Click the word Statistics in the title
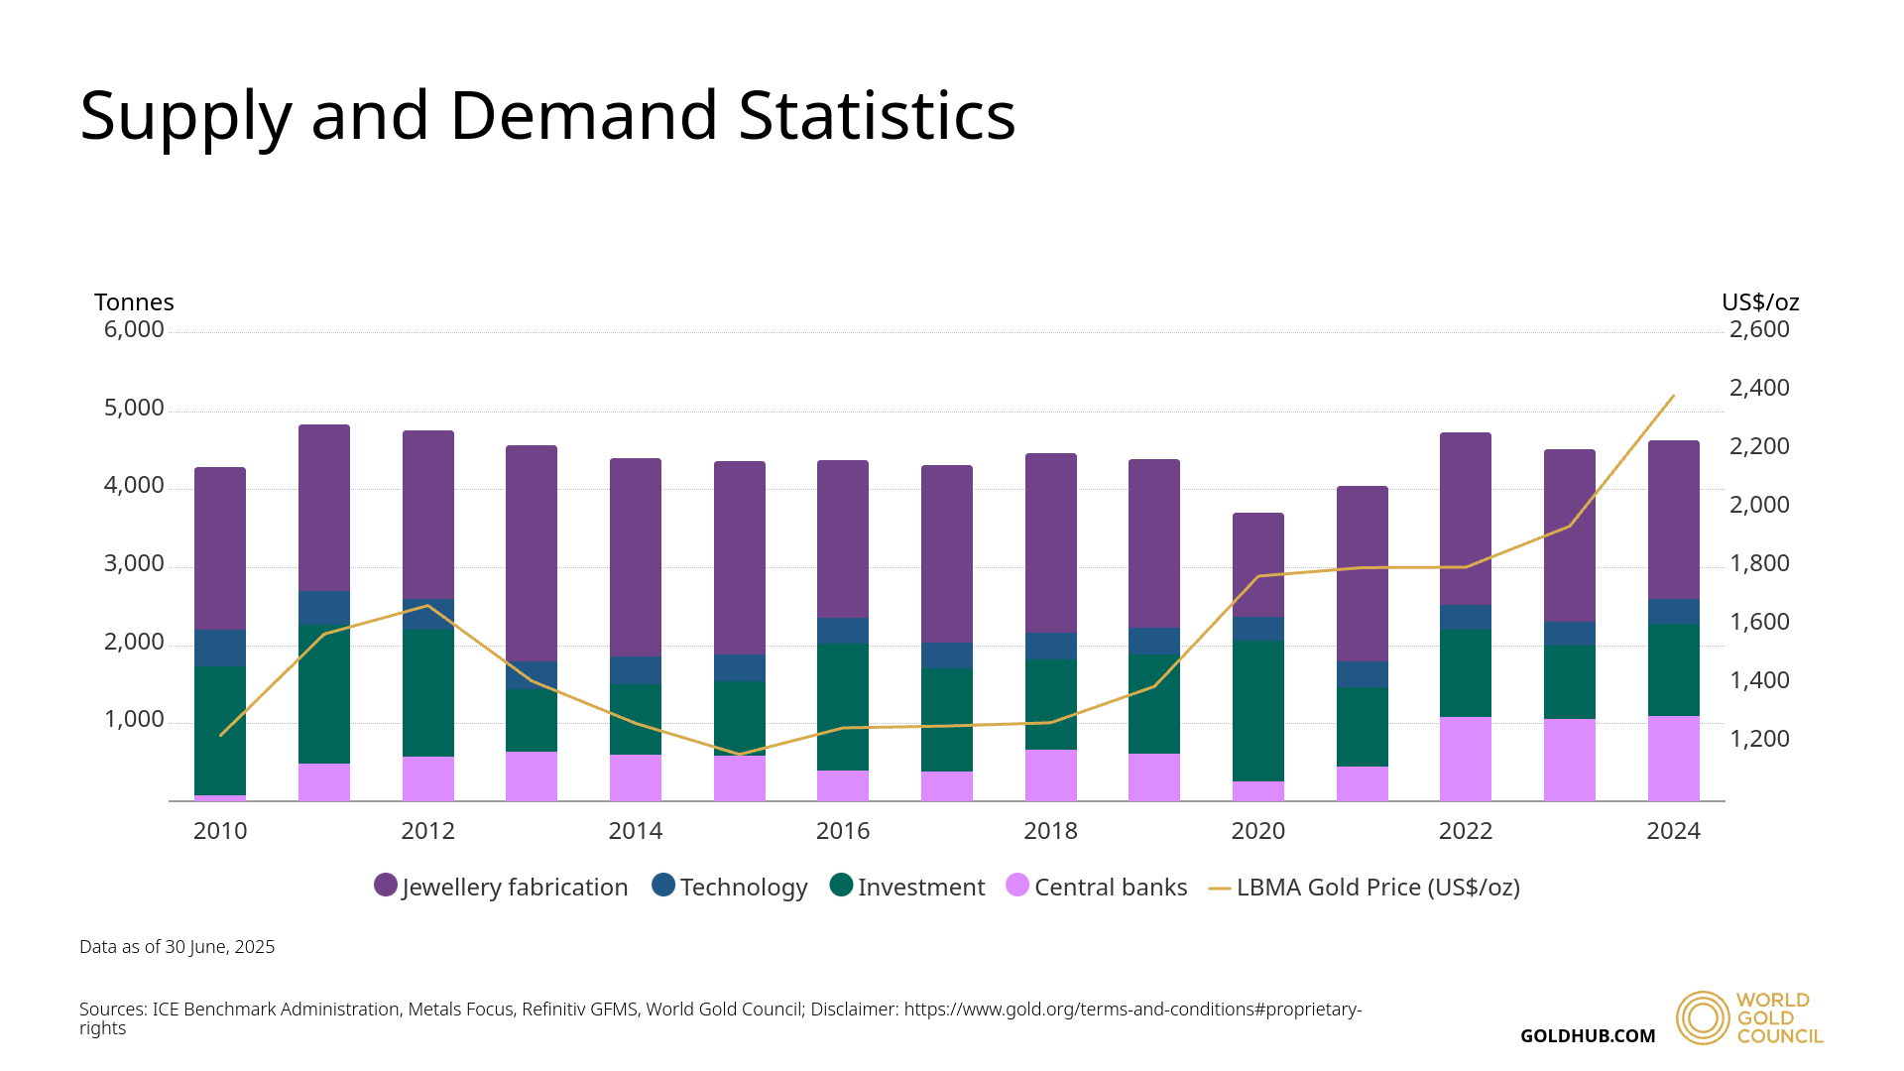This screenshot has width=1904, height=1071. (x=877, y=116)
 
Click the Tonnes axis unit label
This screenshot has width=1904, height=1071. (x=134, y=302)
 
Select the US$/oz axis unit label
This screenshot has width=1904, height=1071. (x=1759, y=302)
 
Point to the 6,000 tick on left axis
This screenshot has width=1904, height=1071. (x=134, y=329)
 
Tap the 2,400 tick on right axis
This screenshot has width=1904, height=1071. (x=1759, y=388)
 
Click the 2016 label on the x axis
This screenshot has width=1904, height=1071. (x=842, y=831)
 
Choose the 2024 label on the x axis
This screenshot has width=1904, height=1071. (x=1673, y=831)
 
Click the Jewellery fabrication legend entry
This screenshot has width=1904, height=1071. (x=501, y=887)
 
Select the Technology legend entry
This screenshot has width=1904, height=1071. (x=730, y=887)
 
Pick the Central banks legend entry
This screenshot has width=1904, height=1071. (x=1096, y=887)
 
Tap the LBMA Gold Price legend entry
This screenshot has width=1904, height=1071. (x=1364, y=887)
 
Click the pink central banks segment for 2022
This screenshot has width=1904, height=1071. (x=1465, y=759)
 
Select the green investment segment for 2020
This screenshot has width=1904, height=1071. (x=1257, y=710)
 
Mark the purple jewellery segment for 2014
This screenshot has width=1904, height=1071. (x=635, y=556)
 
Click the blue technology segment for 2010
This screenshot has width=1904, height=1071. (x=220, y=648)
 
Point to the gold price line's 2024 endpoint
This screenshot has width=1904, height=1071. (x=1673, y=397)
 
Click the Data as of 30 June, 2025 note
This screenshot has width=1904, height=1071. (x=177, y=947)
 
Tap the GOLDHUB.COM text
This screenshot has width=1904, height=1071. (x=1587, y=1036)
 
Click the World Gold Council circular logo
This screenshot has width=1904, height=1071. (x=1702, y=1017)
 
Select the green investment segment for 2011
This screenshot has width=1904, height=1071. (x=323, y=694)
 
